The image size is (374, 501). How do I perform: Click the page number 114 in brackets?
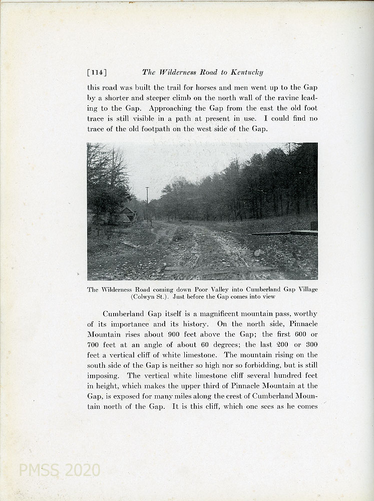97,72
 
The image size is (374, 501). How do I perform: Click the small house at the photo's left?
126,214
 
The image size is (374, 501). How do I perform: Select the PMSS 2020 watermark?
59,470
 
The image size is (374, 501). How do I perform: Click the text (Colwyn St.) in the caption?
149,297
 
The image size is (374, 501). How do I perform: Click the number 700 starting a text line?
95,345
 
